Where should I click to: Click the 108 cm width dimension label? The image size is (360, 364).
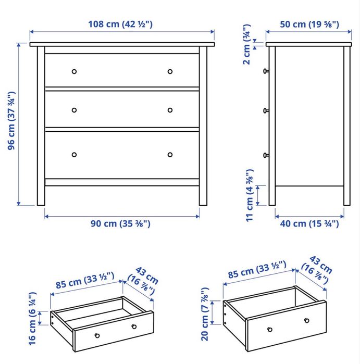(120, 24)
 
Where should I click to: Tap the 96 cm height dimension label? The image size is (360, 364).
(11, 121)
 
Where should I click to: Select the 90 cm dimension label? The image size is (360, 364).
(120, 223)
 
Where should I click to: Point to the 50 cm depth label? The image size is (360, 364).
(309, 24)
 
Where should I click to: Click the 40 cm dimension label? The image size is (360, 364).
(309, 223)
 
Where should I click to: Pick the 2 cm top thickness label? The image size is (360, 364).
(246, 44)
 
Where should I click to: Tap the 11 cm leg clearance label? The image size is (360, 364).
(250, 195)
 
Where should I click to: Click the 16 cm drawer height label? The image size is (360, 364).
(32, 319)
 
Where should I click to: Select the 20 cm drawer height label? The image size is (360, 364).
(205, 314)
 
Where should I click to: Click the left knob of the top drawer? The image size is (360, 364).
(74, 71)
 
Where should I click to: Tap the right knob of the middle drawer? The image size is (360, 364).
(170, 110)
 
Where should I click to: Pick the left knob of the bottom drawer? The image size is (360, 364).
(74, 155)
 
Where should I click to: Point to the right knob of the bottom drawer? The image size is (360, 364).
(170, 155)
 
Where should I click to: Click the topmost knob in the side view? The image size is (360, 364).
(266, 71)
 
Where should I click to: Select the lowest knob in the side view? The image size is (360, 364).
(266, 155)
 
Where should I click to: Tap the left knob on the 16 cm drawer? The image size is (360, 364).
(97, 335)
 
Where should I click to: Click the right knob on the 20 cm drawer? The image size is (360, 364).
(307, 321)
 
